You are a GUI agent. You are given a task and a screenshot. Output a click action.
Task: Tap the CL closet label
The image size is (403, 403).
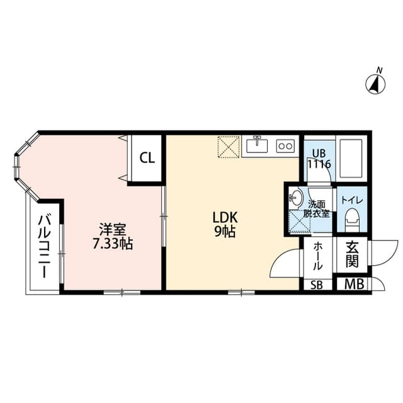pos(147,157)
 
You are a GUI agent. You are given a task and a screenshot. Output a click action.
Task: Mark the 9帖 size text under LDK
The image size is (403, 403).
pos(224,232)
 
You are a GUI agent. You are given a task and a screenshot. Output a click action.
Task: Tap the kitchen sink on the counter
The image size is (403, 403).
pos(257,145)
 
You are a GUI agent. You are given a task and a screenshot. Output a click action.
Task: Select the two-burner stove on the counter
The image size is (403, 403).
pos(285,146)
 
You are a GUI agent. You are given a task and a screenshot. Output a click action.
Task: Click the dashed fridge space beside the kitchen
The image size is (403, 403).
pos(229,146)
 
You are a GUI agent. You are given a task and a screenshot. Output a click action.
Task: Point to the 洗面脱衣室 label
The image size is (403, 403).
pos(318,208)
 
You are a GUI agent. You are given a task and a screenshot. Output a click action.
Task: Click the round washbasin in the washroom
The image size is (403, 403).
pos(295,198)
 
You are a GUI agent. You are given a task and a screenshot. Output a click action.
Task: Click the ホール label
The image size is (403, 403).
pos(317,256)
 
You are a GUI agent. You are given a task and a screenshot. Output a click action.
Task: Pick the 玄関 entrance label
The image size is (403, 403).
pos(351,256)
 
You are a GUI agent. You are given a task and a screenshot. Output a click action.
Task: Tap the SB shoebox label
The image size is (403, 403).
pos(317,285)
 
